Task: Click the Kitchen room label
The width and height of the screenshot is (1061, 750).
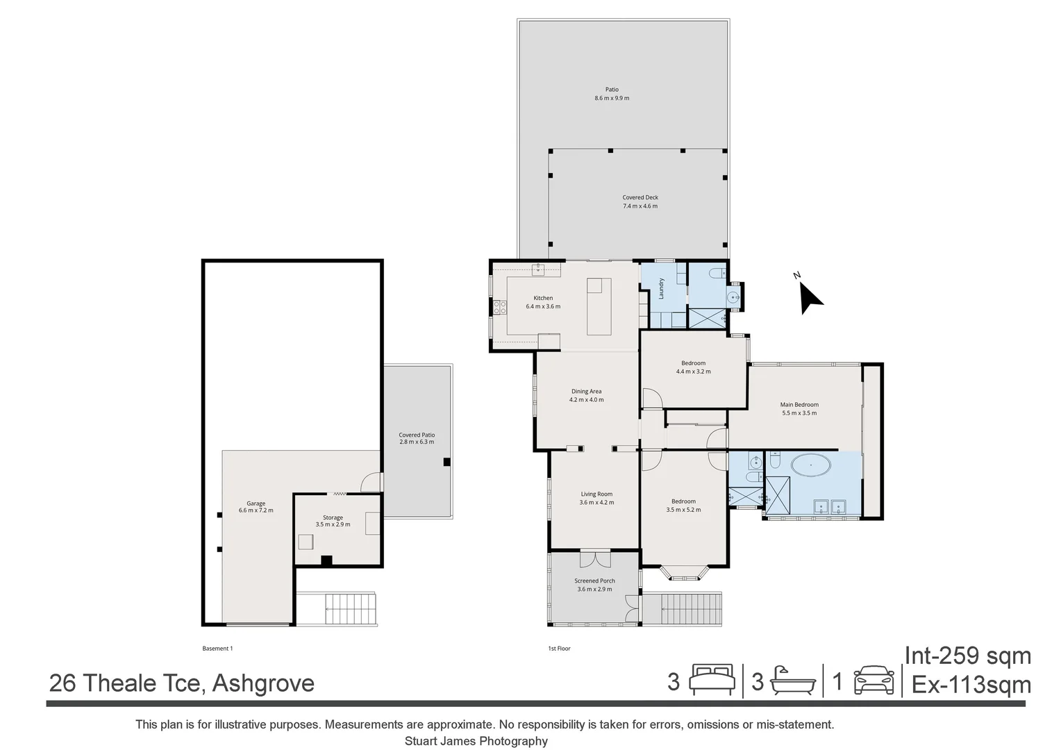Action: pos(543,298)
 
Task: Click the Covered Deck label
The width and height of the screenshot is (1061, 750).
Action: pos(640,198)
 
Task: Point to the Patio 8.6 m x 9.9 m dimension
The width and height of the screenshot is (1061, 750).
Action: pos(611,99)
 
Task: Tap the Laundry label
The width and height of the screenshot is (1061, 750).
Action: pos(662,288)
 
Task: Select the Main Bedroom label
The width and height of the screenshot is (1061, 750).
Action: pos(799,405)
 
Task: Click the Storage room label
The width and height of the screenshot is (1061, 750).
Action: pos(333,517)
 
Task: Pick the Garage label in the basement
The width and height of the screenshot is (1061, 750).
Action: pos(256,503)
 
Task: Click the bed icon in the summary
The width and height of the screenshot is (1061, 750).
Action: pos(712,681)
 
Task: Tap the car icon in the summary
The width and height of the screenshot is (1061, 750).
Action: pos(873,681)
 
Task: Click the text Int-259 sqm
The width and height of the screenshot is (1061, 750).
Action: pos(967,656)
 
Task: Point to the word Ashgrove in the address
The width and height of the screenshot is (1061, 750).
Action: pos(263,683)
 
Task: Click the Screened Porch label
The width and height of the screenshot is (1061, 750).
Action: pos(594,581)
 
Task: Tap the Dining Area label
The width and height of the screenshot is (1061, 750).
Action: pos(586,392)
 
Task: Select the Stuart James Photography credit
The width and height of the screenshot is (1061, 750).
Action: pos(476,741)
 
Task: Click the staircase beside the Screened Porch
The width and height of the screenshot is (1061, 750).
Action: pos(681,609)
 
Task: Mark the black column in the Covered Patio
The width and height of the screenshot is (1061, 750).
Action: pos(447,462)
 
